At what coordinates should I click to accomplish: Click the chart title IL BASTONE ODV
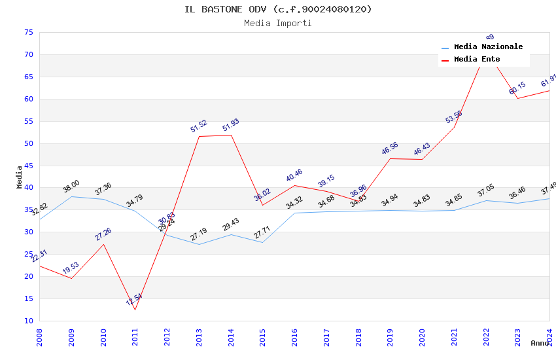(x=278, y=9)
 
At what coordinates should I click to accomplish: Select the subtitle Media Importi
(x=278, y=24)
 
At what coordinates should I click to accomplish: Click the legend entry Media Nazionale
(x=488, y=47)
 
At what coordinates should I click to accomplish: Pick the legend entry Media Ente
(x=477, y=60)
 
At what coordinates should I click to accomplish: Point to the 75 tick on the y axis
(x=27, y=32)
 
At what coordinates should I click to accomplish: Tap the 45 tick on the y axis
(x=27, y=166)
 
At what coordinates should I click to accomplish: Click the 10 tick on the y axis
(x=27, y=321)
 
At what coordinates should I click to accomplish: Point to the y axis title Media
(x=19, y=176)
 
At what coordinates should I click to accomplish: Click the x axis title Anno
(x=540, y=343)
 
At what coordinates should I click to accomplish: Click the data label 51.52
(x=199, y=126)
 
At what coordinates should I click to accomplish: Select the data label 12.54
(x=134, y=300)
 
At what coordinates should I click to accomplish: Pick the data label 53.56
(x=454, y=117)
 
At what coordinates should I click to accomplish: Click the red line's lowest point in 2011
(x=135, y=310)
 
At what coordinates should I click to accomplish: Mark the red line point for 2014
(x=231, y=135)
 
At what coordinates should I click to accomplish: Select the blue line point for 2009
(x=71, y=196)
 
